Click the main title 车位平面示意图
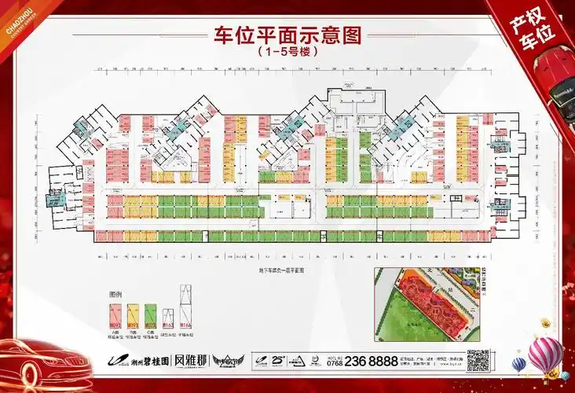287,37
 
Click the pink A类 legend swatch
115,314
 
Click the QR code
479,359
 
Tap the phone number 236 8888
372,361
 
